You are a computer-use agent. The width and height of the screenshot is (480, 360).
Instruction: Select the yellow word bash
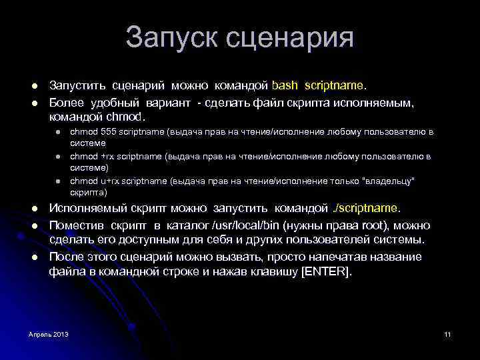point(287,86)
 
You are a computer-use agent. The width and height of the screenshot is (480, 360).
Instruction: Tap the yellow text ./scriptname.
point(367,209)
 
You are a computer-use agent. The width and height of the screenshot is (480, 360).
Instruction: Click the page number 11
point(447,333)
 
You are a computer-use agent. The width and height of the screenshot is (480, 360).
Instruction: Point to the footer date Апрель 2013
point(49,333)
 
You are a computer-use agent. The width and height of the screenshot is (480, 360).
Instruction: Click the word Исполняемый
point(85,209)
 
